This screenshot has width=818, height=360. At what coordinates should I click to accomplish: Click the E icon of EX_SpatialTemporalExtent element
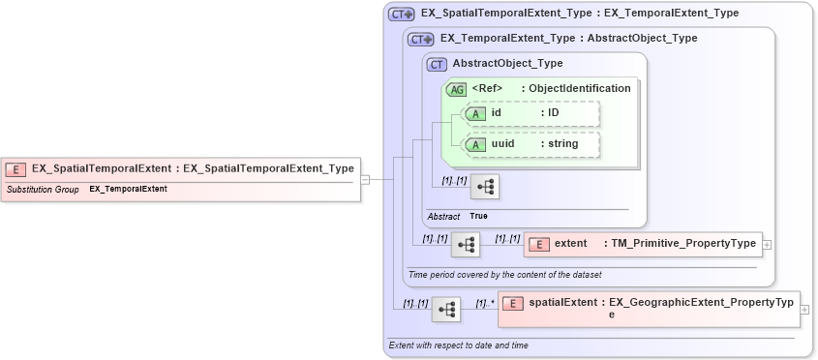16,168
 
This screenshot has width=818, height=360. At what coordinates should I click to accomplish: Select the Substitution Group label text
43,190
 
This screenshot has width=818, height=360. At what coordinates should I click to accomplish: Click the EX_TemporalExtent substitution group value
128,190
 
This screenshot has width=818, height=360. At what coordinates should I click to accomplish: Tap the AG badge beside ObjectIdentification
456,88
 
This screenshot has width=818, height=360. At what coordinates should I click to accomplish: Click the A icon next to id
475,113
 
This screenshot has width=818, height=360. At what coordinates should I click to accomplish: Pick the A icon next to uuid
475,144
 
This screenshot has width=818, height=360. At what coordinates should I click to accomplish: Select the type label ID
554,113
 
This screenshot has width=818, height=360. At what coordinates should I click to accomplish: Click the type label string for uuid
562,144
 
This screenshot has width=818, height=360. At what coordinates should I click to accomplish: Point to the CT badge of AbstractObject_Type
438,64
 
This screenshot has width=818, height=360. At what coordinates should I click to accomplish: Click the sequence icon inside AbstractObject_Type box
485,187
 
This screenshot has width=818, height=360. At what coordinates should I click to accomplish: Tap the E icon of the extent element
543,244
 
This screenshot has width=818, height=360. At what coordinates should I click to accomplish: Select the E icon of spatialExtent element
513,303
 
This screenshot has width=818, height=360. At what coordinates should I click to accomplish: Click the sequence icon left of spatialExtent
446,309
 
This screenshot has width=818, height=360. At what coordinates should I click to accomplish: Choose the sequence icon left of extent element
466,244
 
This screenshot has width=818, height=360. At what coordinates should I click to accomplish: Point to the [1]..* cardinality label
485,303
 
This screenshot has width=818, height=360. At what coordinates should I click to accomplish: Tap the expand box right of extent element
768,244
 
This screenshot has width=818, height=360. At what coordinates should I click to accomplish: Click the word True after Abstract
478,216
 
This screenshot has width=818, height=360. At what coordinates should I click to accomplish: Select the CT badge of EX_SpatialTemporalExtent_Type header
402,15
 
